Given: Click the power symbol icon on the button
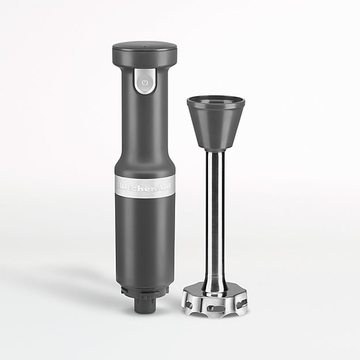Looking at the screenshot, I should click(146, 82).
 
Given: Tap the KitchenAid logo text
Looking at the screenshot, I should click(145, 186).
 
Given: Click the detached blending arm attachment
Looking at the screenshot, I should click(215, 190).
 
